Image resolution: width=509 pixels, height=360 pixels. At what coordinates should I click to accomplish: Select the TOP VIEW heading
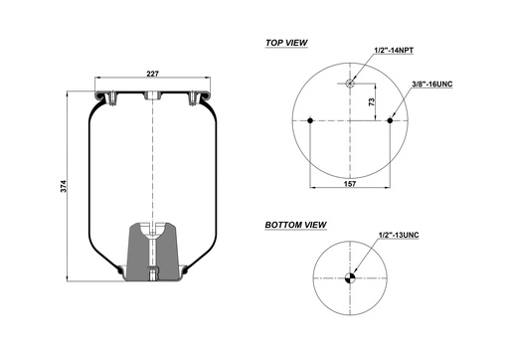[x=286, y=44]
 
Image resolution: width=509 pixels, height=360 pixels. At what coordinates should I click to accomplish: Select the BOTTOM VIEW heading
[x=296, y=226]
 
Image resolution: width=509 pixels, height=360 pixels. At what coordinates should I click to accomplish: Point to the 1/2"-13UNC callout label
[x=400, y=235]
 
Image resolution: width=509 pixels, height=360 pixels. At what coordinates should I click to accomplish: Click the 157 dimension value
[x=351, y=182]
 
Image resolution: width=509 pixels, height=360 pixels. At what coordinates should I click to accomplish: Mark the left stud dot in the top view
[x=311, y=121]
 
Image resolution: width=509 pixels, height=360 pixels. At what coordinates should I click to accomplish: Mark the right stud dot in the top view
[x=391, y=121]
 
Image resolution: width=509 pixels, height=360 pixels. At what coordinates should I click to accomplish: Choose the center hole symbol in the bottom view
[x=351, y=279]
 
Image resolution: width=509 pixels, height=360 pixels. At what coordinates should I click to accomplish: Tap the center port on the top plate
[x=152, y=97]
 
